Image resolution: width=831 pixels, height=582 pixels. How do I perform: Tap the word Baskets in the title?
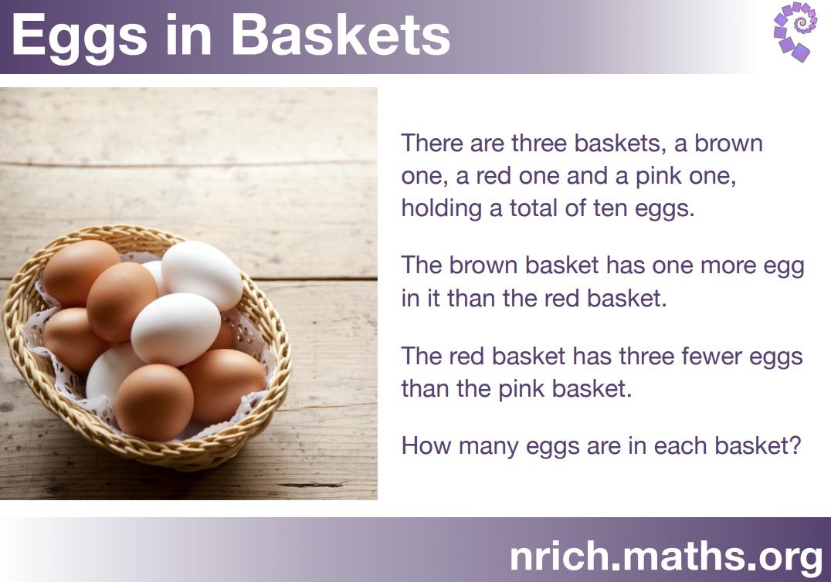(341, 35)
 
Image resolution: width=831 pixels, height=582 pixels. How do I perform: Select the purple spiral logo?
(795, 32)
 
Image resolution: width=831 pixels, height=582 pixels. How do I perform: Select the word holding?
(441, 208)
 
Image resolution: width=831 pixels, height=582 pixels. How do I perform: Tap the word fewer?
(712, 356)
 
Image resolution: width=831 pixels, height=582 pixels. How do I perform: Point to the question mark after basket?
(795, 445)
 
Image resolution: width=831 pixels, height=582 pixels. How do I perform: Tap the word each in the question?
(680, 445)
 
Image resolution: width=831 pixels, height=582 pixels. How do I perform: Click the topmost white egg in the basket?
(202, 275)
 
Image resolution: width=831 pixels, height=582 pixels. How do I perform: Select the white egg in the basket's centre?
(176, 329)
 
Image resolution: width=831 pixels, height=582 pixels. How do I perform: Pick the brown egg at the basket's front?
(154, 402)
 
